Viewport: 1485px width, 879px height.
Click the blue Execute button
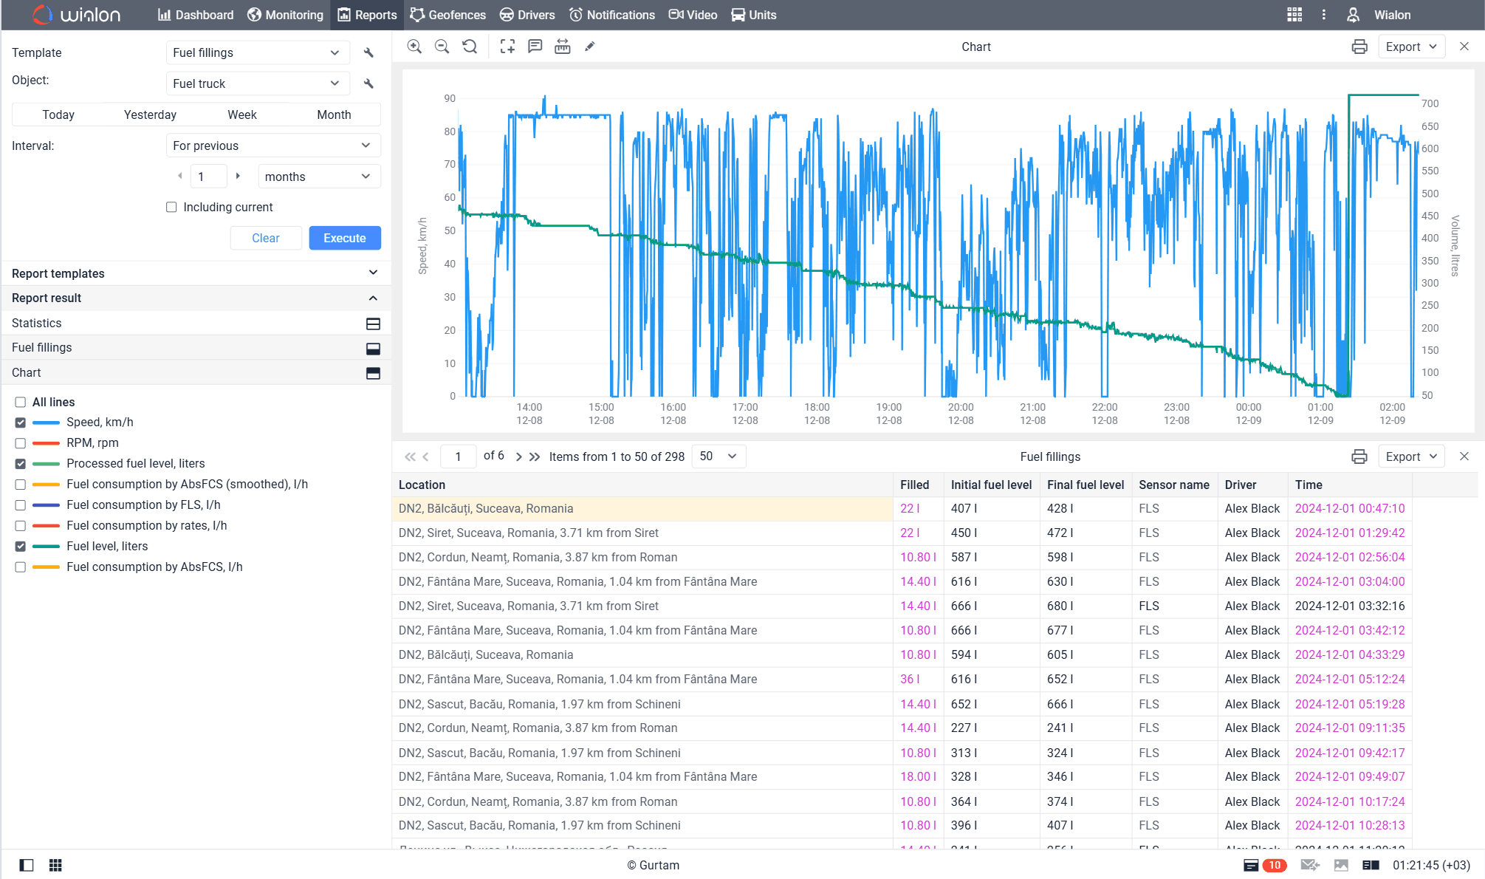click(x=344, y=238)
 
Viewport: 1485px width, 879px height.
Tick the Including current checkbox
click(x=171, y=208)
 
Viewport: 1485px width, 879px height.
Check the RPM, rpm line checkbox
click(x=21, y=443)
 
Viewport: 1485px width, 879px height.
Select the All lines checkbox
click(x=21, y=402)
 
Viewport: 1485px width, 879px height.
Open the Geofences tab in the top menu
click(x=448, y=15)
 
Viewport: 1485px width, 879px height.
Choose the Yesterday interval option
click(x=150, y=114)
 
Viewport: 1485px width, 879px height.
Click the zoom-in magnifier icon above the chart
click(x=414, y=47)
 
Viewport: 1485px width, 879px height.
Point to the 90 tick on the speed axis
click(x=450, y=98)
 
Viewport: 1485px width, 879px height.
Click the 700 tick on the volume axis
click(x=1430, y=103)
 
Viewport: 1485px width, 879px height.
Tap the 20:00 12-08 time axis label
click(x=960, y=414)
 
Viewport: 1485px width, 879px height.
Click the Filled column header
click(x=914, y=485)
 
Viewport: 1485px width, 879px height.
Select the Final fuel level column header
click(x=1085, y=485)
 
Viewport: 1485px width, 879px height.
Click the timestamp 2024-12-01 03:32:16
click(x=1349, y=606)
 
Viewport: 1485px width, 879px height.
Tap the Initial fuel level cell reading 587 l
click(x=964, y=557)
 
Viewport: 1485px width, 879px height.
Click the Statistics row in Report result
click(x=37, y=323)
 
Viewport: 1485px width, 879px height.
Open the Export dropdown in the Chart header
click(x=1410, y=47)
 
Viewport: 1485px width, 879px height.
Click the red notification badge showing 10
click(x=1275, y=865)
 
